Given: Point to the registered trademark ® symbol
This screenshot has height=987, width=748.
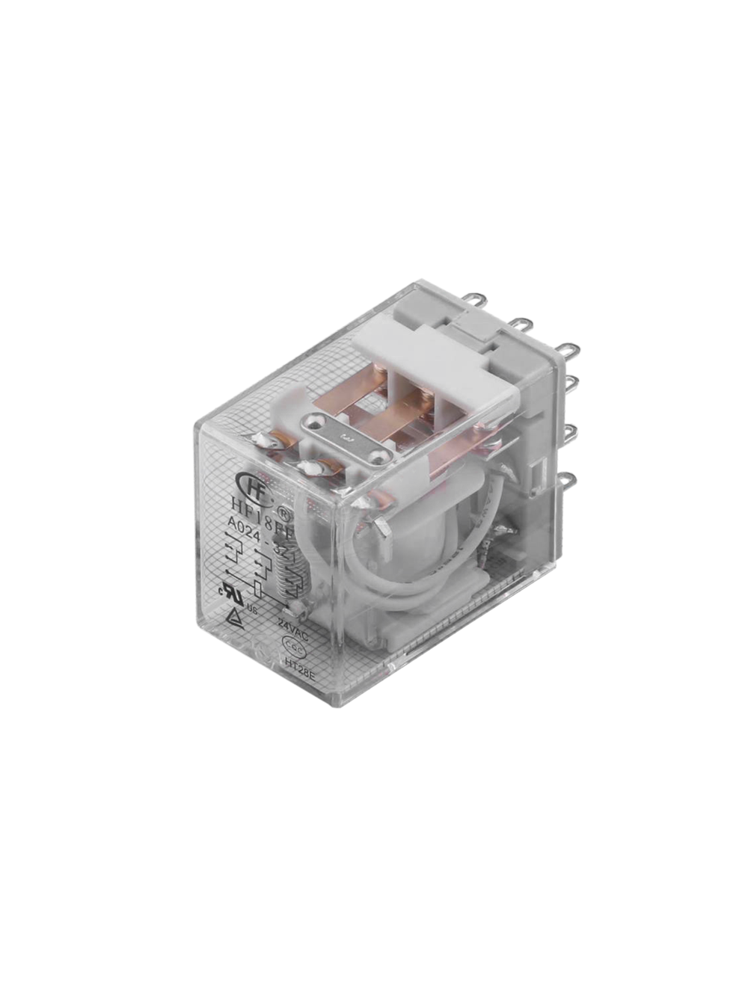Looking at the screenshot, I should [283, 512].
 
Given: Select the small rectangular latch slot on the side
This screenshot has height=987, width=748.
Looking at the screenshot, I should [536, 473].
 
